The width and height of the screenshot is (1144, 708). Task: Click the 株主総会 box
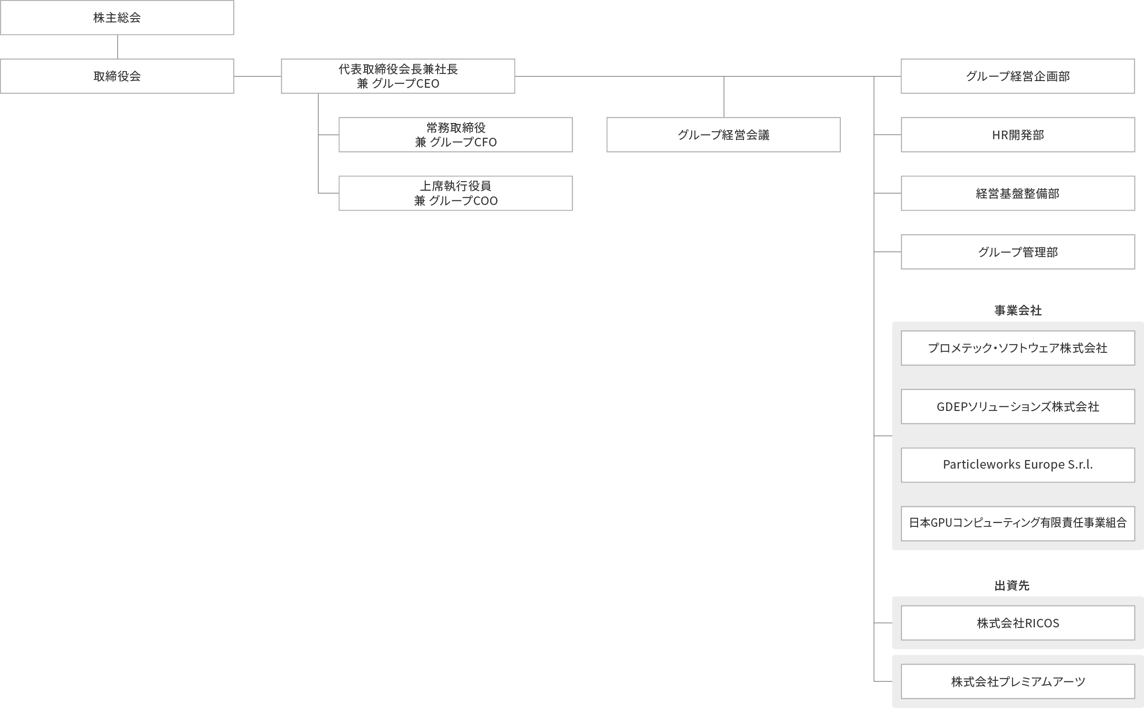click(117, 18)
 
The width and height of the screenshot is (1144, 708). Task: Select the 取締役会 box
click(117, 76)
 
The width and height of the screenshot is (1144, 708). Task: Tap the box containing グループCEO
click(398, 76)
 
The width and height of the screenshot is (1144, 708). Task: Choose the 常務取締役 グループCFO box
click(456, 135)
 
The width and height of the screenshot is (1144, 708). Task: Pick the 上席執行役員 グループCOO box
click(456, 194)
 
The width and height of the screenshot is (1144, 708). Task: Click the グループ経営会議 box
click(724, 135)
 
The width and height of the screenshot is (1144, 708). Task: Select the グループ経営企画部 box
click(1018, 76)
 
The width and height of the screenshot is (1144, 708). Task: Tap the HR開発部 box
click(1018, 135)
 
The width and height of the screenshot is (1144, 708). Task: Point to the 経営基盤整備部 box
click(1018, 194)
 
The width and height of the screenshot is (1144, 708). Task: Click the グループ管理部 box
click(1018, 252)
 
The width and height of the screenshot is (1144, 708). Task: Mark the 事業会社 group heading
click(1018, 311)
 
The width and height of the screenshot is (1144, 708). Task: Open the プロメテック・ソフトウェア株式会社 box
click(1018, 348)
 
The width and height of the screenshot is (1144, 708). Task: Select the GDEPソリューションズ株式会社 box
click(1018, 407)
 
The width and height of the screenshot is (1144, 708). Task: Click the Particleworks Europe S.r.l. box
click(1018, 465)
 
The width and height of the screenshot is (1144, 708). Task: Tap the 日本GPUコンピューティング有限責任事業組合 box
click(1018, 523)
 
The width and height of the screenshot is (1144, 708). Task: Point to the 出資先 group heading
click(1012, 585)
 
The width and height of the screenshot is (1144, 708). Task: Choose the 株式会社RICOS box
click(1018, 623)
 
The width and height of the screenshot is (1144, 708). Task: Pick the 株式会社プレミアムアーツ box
click(1018, 682)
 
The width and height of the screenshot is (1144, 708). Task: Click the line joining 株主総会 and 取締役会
click(117, 47)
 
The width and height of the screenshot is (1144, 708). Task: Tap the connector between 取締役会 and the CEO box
click(257, 76)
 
